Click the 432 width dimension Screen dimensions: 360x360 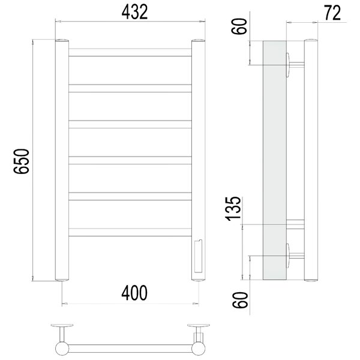point(134,12)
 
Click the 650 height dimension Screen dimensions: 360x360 point(22,161)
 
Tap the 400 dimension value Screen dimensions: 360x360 point(134,293)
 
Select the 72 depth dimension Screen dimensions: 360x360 point(332,13)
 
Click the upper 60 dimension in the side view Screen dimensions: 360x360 point(239,26)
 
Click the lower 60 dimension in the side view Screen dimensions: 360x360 point(240,300)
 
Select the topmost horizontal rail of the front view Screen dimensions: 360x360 point(130,52)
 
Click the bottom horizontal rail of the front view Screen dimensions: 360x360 point(130,232)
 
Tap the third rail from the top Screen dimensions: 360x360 point(130,124)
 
